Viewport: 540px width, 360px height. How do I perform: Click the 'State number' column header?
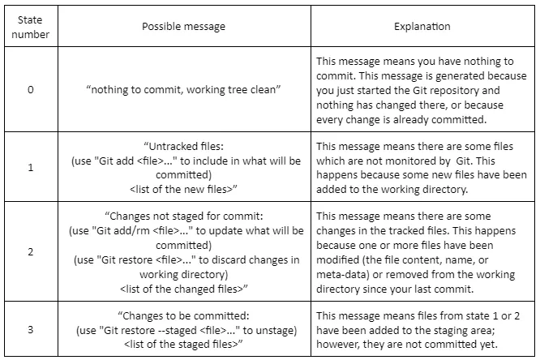pyautogui.click(x=30, y=27)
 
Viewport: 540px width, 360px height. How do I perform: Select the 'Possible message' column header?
pyautogui.click(x=183, y=27)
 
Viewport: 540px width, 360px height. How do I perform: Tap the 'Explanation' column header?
pyautogui.click(x=422, y=27)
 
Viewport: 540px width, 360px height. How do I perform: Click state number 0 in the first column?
pyautogui.click(x=31, y=89)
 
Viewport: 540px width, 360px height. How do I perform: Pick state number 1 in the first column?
pyautogui.click(x=31, y=167)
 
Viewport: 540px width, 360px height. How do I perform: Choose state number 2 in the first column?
pyautogui.click(x=31, y=252)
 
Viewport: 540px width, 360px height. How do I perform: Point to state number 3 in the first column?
pyautogui.click(x=31, y=330)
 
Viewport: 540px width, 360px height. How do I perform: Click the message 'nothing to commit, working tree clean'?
pyautogui.click(x=183, y=89)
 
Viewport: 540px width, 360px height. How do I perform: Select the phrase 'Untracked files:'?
pyautogui.click(x=183, y=147)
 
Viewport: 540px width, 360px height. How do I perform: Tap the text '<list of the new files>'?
pyautogui.click(x=183, y=189)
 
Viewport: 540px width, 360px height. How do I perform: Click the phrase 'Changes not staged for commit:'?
pyautogui.click(x=183, y=216)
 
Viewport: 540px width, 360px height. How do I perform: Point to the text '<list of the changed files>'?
pyautogui.click(x=183, y=289)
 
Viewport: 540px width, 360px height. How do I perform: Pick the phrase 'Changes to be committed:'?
pyautogui.click(x=183, y=315)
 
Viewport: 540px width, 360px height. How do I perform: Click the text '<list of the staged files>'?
pyautogui.click(x=183, y=344)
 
